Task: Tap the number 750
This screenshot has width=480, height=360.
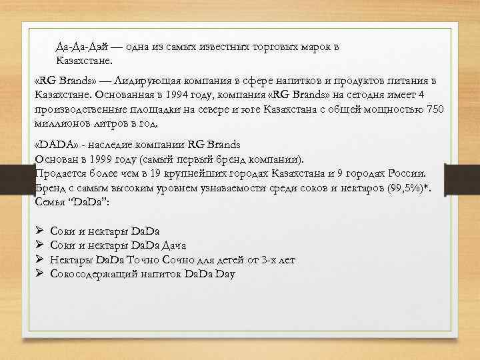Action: [435, 109]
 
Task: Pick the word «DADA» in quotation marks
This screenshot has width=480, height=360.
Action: [52, 144]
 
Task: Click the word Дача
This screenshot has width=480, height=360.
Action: [174, 245]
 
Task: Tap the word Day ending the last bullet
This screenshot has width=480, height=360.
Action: [225, 274]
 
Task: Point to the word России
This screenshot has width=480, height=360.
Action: [404, 174]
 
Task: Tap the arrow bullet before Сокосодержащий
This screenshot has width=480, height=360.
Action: [40, 274]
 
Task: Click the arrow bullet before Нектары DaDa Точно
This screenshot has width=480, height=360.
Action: [40, 260]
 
